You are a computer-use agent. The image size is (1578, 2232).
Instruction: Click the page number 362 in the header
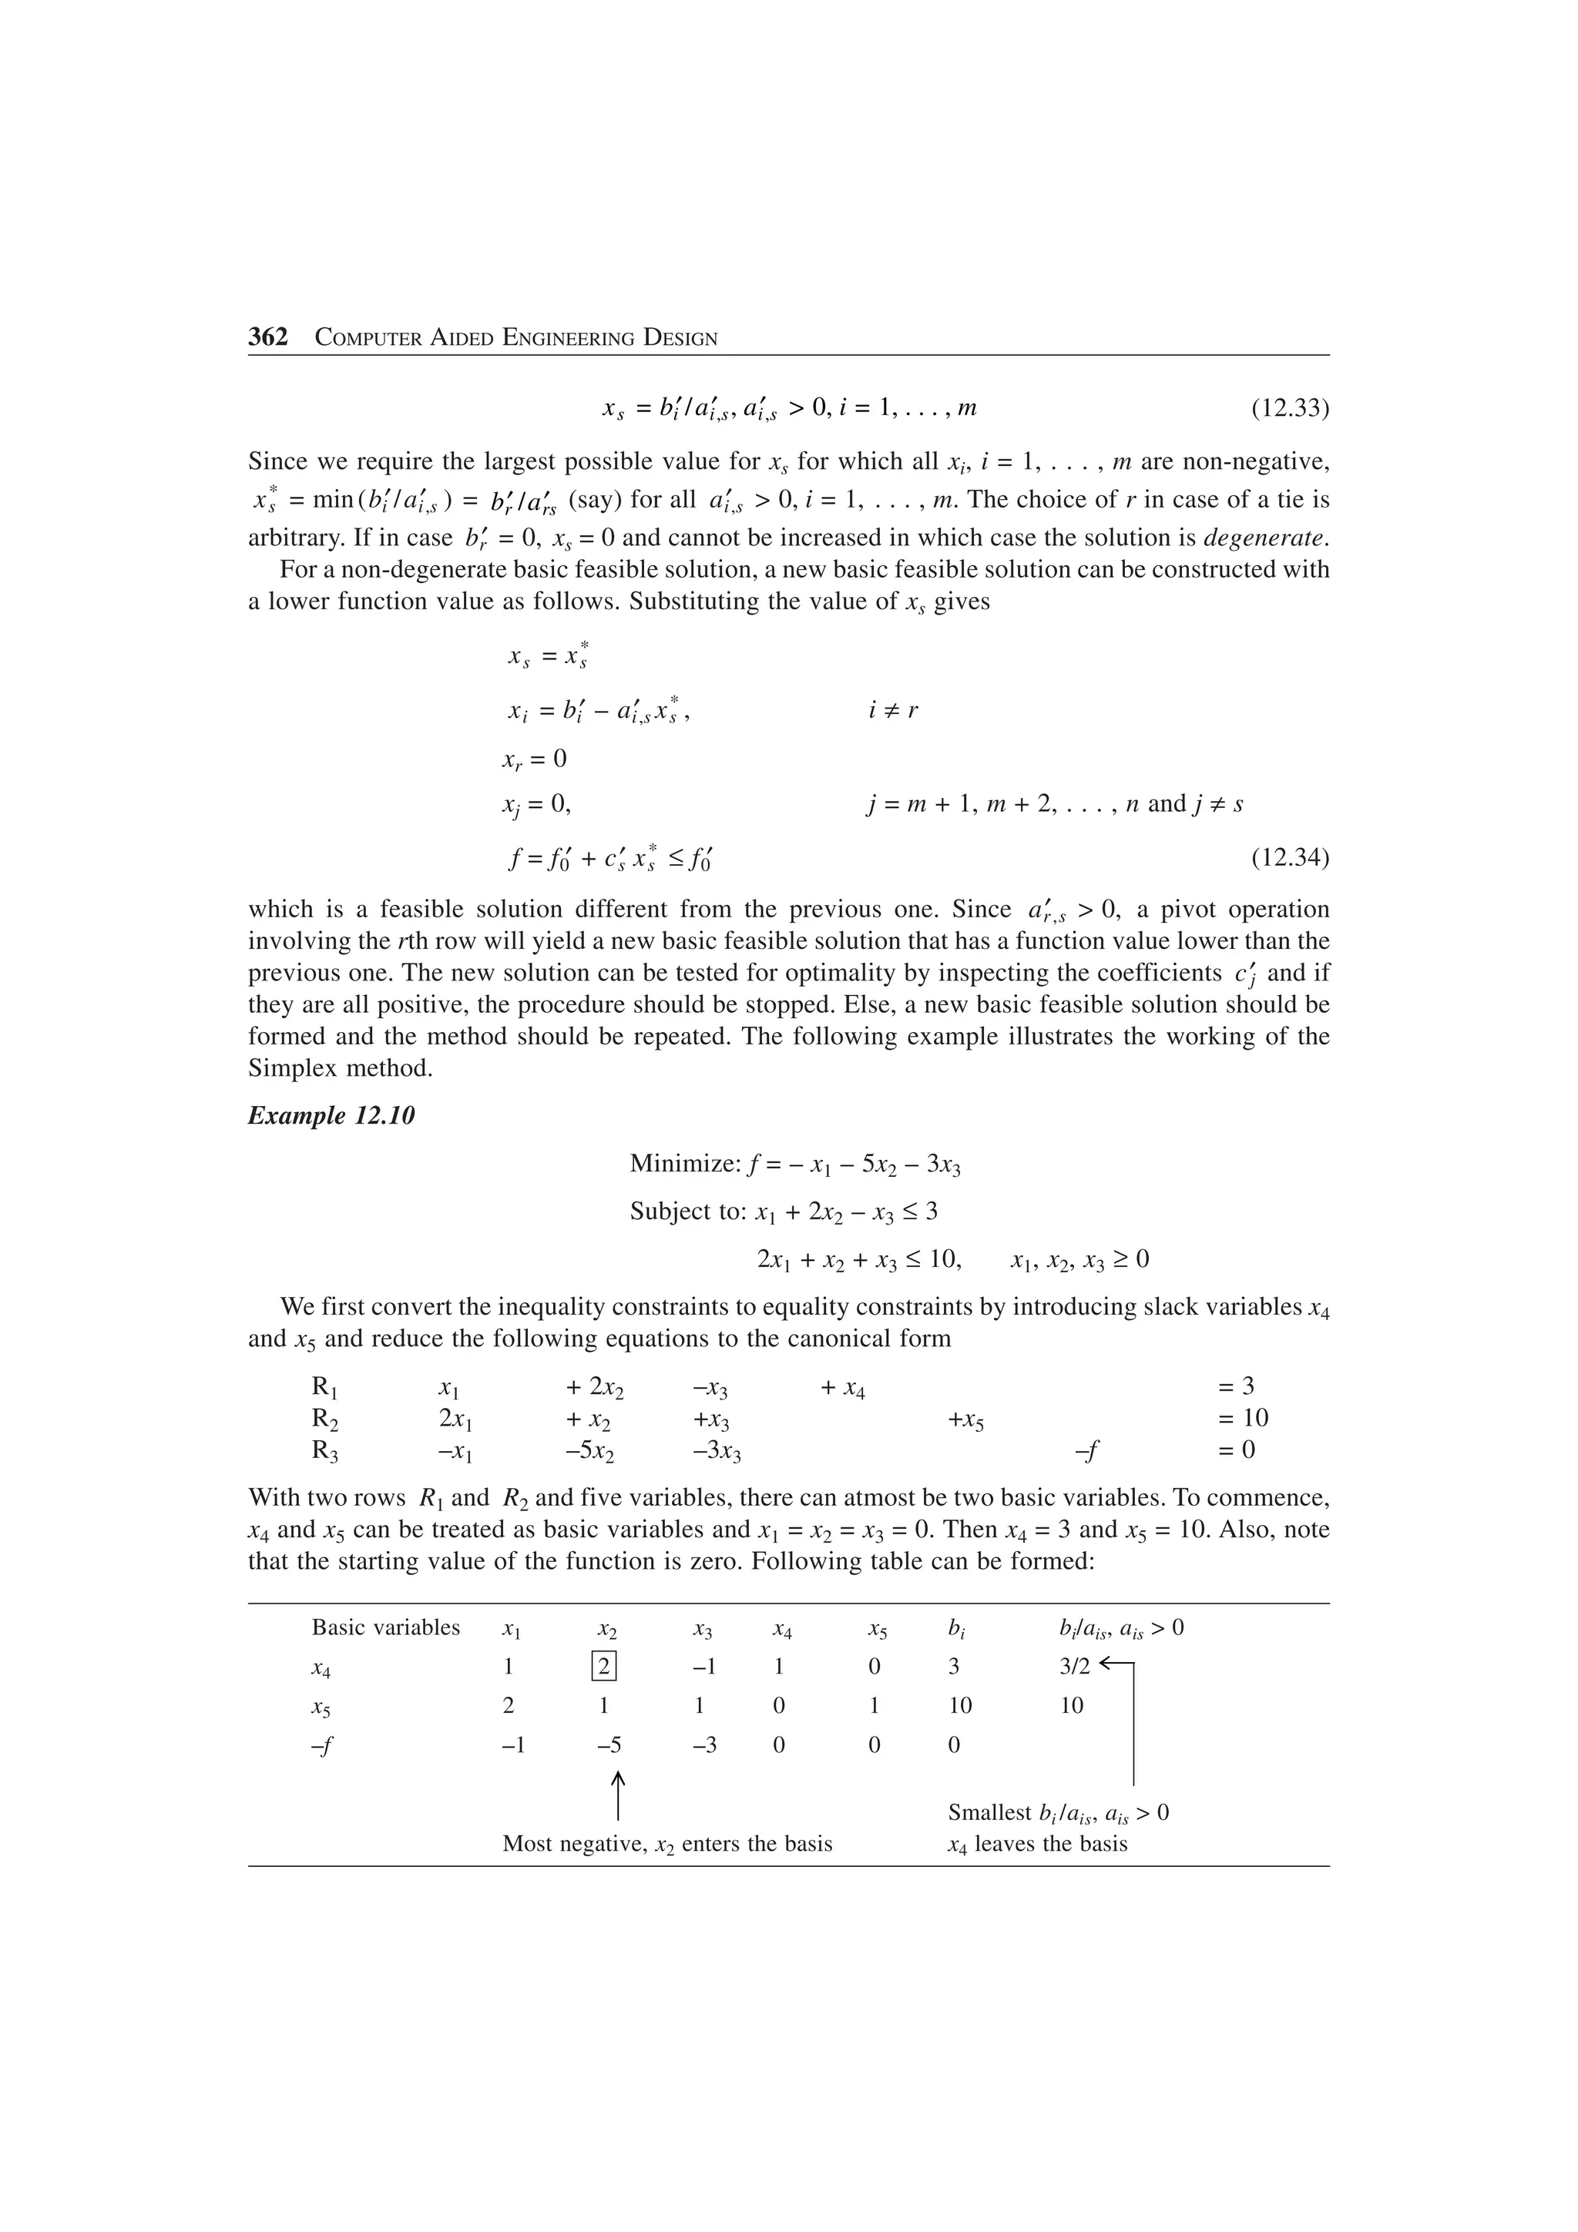pyautogui.click(x=267, y=337)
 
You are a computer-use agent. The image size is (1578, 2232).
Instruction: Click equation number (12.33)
pyautogui.click(x=1289, y=407)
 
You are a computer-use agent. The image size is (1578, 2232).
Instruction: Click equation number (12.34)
pyautogui.click(x=1289, y=859)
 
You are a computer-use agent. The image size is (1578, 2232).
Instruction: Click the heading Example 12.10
pyautogui.click(x=331, y=1116)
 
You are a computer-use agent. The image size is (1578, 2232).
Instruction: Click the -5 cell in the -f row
pyautogui.click(x=609, y=1745)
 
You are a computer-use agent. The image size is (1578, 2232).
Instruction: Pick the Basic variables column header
pyautogui.click(x=385, y=1627)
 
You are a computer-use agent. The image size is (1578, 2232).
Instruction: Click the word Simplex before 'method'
pyautogui.click(x=289, y=1068)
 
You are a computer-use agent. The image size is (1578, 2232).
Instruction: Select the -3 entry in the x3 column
pyautogui.click(x=705, y=1745)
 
